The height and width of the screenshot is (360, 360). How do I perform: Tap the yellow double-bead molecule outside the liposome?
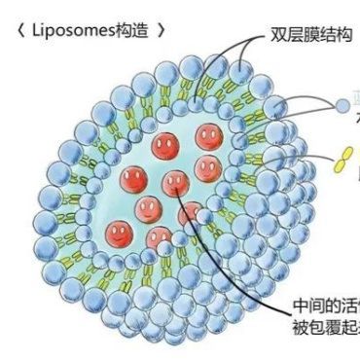pos(342,162)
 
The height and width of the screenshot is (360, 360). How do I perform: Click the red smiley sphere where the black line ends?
pos(174,181)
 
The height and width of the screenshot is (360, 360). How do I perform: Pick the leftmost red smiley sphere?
pos(119,232)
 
